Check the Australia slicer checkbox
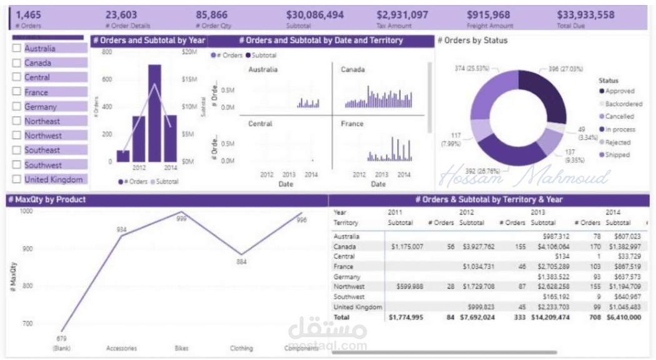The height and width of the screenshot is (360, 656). pos(16,49)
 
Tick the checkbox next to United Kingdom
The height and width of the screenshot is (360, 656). pos(16,180)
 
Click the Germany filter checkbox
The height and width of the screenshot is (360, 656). pos(16,107)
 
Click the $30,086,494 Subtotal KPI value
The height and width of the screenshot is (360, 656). pos(315,14)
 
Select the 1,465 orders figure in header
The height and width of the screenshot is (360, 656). pos(28,14)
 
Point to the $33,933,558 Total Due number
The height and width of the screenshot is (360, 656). pos(585,14)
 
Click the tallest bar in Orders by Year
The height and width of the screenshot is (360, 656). pos(154,112)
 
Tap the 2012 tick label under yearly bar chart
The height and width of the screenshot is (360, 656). pos(139,168)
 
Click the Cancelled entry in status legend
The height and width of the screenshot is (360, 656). pos(618,116)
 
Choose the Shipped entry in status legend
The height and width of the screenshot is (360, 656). pos(617,155)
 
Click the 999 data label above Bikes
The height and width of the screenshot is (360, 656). pos(181,219)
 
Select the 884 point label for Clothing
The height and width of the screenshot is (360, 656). pos(241,262)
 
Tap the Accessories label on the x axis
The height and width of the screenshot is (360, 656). pos(121,348)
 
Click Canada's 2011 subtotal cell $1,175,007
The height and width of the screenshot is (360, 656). pos(406,247)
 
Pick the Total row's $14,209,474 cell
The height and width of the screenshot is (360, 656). pos(550,317)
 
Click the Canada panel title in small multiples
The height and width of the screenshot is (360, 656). pos(353,69)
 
